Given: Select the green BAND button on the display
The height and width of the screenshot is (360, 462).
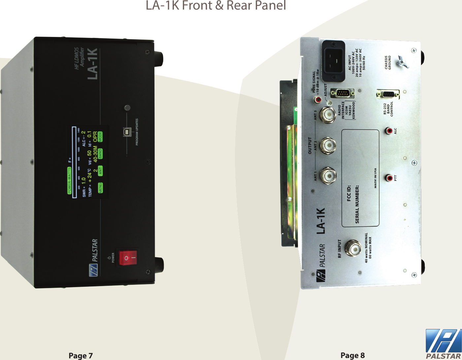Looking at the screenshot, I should pos(100,154).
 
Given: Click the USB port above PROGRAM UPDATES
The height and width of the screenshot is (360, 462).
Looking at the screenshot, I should pos(127,131).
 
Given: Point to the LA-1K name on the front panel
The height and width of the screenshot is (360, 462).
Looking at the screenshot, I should pos(92,64).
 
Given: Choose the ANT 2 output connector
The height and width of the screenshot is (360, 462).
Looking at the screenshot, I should pos(328,145).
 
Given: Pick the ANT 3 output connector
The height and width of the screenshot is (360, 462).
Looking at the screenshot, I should pos(328,115).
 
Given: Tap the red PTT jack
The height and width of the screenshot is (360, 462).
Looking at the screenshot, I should pos(390,178).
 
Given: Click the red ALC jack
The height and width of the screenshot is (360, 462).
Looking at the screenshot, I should pos(390,131).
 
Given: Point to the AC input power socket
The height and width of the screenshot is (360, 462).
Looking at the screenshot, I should pos(333,61).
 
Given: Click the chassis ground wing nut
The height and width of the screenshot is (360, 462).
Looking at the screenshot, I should pos(402,62).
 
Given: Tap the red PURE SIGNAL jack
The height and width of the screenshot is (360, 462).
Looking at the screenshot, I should pos(318,99).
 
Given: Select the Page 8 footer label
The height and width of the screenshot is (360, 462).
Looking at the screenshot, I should pos(352,355).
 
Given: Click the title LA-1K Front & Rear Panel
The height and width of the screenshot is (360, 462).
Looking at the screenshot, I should pos(216,6).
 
